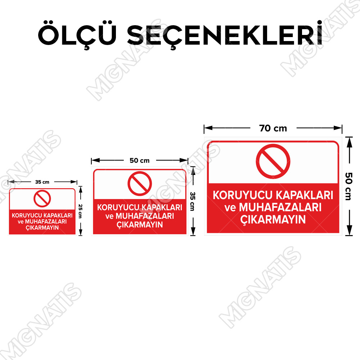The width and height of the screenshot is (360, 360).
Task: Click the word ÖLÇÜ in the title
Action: [77, 35]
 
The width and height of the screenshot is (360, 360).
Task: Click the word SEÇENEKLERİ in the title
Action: [225, 35]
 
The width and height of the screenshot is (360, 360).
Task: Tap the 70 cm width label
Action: [273, 129]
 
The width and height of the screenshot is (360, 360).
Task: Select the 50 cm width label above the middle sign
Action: [139, 161]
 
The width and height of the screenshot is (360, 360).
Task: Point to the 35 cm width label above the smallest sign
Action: [42, 182]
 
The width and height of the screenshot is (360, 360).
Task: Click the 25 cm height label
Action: [80, 211]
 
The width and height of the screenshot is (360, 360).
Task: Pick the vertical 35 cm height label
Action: [193, 201]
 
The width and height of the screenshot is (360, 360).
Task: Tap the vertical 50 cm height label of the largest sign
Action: [348, 186]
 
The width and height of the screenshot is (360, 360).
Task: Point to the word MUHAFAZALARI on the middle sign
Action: [145, 216]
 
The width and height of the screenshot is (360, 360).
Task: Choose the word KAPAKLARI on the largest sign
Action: [305, 195]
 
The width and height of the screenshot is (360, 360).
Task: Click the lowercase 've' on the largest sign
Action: [230, 208]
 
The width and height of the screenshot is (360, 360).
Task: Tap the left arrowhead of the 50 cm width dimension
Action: [95, 160]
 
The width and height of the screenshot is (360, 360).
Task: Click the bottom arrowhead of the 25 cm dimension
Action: [80, 232]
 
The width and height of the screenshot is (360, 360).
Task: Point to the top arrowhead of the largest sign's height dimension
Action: [349, 142]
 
